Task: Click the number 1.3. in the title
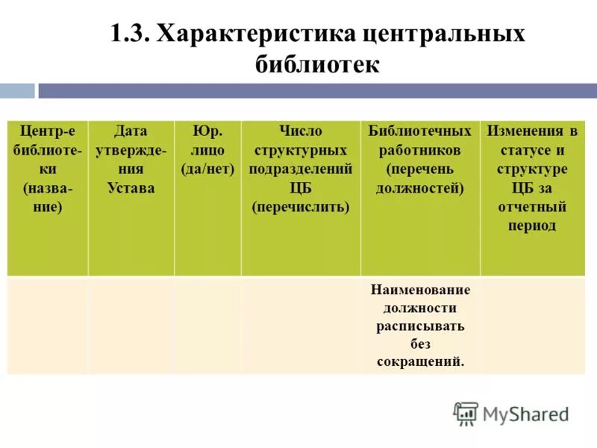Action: pos(130,35)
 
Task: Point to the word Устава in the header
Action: pos(131,187)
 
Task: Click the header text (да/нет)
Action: pos(207,169)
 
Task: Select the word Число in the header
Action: pos(301,131)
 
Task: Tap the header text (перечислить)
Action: pos(301,206)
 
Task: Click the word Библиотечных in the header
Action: pos(420,131)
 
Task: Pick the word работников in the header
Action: pos(420,150)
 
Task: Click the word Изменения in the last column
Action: pos(532,131)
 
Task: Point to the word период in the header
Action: pos(532,225)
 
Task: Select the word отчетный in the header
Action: pos(532,206)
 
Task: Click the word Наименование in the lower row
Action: pos(420,290)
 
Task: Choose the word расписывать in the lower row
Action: pos(420,326)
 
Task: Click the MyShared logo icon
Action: pos(466,414)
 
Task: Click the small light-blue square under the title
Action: pos(16,91)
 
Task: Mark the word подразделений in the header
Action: pos(301,169)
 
